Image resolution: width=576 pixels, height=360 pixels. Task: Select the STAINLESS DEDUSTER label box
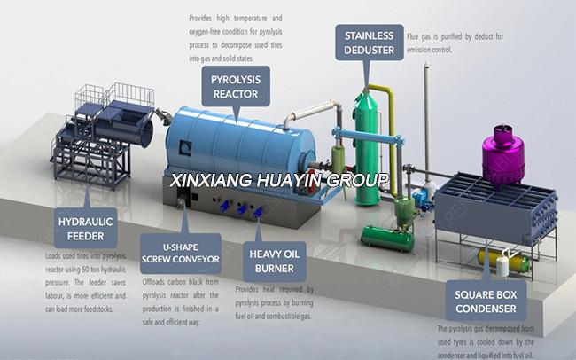click(369, 41)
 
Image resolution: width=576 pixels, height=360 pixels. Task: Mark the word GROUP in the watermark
click(360, 181)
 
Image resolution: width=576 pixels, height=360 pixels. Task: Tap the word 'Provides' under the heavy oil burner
click(250, 289)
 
